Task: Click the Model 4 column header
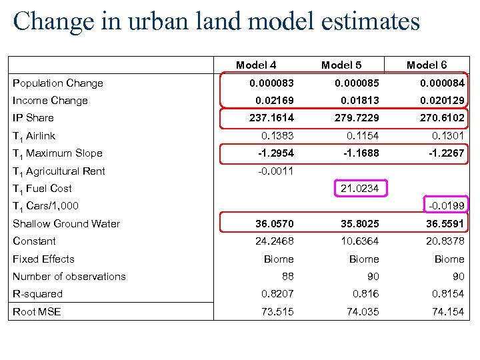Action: pos(256,65)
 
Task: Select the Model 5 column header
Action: pos(341,65)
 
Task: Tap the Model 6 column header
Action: pos(427,65)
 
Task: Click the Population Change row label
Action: pos(58,83)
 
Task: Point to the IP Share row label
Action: pos(33,118)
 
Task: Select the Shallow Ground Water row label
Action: pos(66,224)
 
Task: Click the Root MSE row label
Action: pos(37,311)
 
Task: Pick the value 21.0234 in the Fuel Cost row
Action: pos(359,189)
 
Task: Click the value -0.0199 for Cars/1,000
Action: pos(447,206)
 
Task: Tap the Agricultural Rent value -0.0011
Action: pos(275,171)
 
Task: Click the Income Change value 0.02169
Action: pos(275,101)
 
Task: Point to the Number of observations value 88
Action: pos(287,276)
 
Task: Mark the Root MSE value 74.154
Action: pos(447,311)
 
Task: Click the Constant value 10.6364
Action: pos(359,241)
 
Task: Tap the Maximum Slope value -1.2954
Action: pos(275,153)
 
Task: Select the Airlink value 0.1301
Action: pos(447,136)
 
